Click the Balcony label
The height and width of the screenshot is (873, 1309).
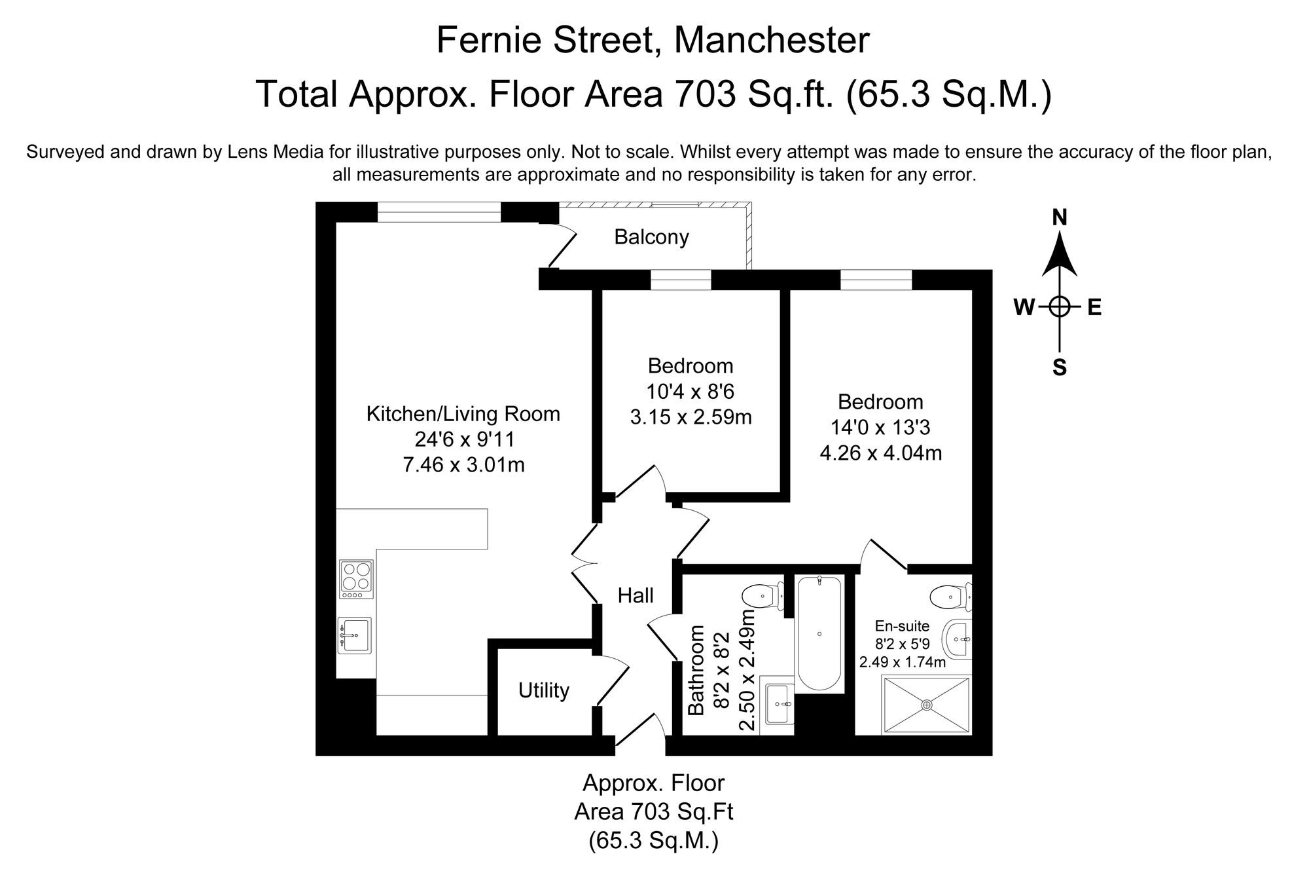pos(651,237)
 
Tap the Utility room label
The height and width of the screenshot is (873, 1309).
pos(543,690)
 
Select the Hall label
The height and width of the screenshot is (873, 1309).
pos(636,595)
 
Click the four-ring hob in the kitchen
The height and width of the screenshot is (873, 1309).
pos(356,579)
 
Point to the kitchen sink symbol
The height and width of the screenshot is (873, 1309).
pos(354,635)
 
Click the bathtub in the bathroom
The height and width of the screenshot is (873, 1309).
pos(819,633)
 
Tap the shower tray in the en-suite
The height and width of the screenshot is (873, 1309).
pos(926,705)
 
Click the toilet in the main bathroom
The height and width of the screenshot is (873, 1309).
pos(763,597)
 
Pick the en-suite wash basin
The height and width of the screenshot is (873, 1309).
pos(958,639)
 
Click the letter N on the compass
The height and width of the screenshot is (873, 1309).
pos(1060,218)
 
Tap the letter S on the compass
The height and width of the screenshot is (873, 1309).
pos(1060,368)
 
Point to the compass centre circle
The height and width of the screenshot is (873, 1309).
pos(1060,306)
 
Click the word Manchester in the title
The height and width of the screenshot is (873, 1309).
pos(772,40)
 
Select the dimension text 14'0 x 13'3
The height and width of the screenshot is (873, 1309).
pos(880,428)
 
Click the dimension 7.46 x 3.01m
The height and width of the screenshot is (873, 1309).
pos(463,465)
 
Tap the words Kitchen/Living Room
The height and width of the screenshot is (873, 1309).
pos(463,414)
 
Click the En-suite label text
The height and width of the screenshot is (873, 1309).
pos(902,626)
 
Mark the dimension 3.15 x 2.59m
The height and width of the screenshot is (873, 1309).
pos(690,417)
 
